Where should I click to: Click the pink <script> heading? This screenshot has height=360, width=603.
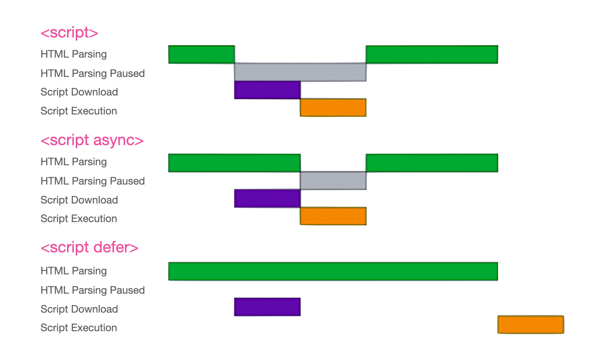[69, 33]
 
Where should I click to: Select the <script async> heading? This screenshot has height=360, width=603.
[92, 141]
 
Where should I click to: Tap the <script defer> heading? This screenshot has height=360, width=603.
[89, 248]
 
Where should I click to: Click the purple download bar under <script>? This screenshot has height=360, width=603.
[267, 90]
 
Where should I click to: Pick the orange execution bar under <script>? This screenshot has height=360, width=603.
[333, 108]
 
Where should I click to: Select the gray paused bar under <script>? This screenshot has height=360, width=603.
[300, 72]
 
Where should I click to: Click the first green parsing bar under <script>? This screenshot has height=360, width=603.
[202, 55]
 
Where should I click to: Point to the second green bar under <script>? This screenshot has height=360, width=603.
[432, 55]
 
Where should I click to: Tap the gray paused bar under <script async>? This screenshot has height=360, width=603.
[333, 180]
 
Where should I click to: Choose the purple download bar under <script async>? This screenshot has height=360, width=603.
[267, 199]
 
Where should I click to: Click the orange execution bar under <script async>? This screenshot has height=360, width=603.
[333, 216]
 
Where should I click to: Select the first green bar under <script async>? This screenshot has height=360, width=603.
[234, 163]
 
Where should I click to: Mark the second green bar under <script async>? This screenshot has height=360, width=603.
[432, 163]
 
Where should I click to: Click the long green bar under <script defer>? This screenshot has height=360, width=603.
[333, 271]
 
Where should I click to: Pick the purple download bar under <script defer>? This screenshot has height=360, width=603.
[267, 307]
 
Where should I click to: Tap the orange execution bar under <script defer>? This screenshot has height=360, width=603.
[531, 325]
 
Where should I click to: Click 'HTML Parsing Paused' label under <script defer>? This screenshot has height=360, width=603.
[92, 290]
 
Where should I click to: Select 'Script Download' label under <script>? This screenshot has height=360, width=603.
[79, 92]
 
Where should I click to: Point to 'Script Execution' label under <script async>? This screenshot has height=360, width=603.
[79, 219]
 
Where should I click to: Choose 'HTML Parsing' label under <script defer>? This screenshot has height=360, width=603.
[73, 271]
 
